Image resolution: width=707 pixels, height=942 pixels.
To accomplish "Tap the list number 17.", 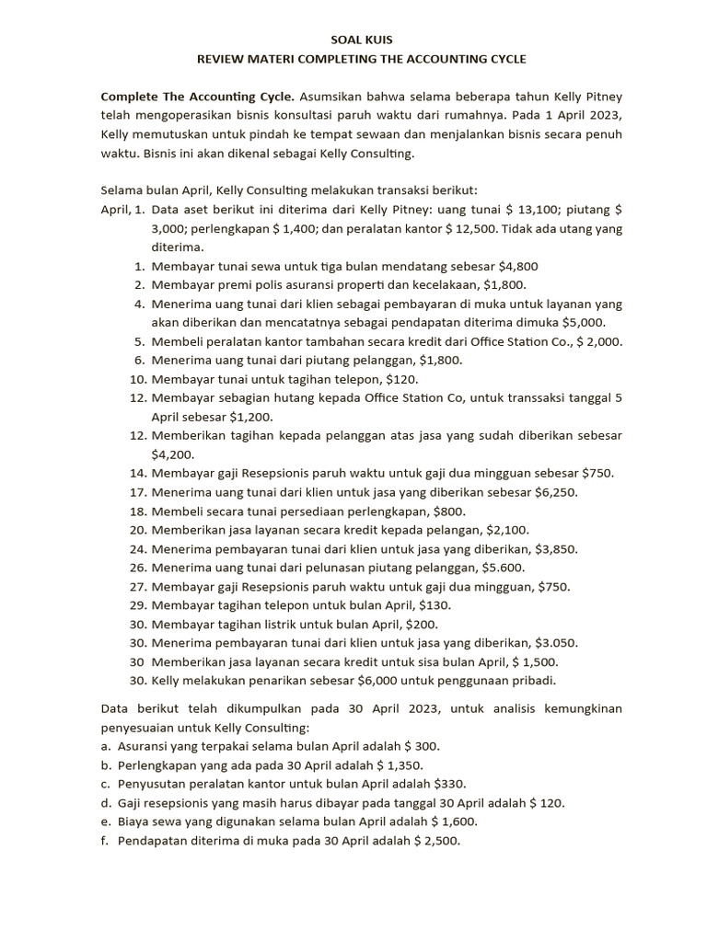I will (x=138, y=492).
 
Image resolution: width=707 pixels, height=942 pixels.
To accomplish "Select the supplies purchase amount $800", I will (x=450, y=511).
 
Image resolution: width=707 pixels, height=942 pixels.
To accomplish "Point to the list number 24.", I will (x=138, y=549).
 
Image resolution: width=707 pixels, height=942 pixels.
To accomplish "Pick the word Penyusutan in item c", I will (x=153, y=784).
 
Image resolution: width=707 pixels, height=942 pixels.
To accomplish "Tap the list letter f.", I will (x=105, y=841).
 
